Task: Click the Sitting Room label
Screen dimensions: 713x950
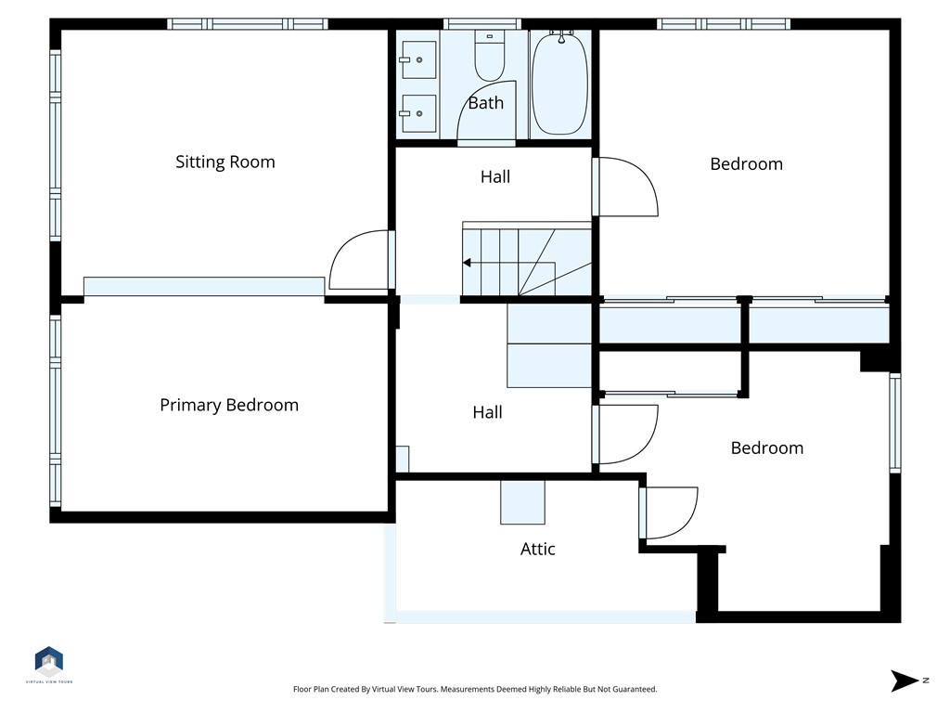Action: click(x=225, y=162)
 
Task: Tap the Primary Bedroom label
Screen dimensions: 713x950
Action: click(x=229, y=405)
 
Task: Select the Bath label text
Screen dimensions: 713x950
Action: click(x=485, y=103)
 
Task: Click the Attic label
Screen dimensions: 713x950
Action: click(x=537, y=549)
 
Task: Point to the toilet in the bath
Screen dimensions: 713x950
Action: click(x=488, y=58)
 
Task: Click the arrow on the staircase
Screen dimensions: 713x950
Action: click(x=468, y=263)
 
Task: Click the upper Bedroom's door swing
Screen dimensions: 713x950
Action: click(x=625, y=187)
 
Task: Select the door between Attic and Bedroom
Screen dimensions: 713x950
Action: click(x=668, y=512)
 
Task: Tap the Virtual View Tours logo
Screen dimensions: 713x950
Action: click(x=49, y=663)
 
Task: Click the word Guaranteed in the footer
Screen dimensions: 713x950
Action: click(x=632, y=690)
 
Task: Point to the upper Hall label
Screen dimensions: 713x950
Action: click(x=494, y=176)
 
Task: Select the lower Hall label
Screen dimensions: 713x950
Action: click(x=487, y=412)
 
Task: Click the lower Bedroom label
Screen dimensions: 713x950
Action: click(x=766, y=447)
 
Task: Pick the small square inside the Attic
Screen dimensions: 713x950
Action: click(x=522, y=502)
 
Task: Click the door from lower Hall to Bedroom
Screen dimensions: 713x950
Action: click(x=625, y=434)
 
